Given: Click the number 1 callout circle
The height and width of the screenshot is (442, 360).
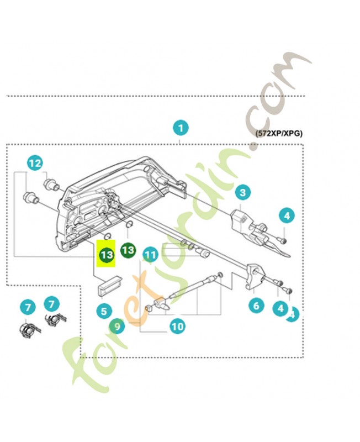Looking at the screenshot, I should [179, 128].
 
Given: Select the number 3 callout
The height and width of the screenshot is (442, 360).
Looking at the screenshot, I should [242, 192].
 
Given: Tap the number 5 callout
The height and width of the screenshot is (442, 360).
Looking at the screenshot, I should [103, 311].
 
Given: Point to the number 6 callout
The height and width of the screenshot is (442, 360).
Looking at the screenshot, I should [256, 304].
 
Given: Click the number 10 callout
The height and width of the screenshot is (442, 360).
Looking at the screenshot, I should [177, 327].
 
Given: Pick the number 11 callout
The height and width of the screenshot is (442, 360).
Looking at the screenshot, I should [150, 254].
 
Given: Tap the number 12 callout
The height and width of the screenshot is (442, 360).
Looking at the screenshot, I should [35, 163].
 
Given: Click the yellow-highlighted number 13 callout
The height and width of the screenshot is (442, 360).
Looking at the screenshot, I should [106, 255].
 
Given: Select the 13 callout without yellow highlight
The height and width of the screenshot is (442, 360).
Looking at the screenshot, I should [128, 250].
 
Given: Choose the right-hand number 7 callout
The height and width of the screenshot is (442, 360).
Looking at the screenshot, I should [51, 303].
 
